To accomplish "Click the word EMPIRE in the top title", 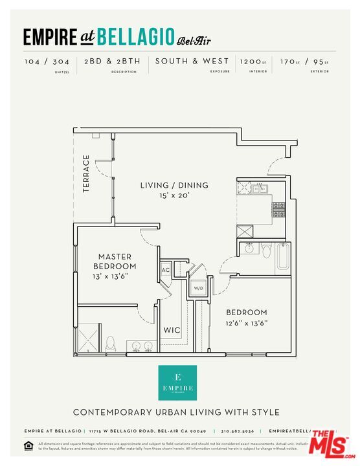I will (50, 37).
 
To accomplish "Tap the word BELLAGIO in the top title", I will (136, 37).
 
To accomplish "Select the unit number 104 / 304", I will (47, 61).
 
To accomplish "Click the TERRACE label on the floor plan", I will (87, 173).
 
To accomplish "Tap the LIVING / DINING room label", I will (174, 185).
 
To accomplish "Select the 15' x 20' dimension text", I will (174, 195).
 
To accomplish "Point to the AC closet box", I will (166, 270).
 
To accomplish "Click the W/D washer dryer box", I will (199, 287).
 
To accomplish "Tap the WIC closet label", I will (172, 330).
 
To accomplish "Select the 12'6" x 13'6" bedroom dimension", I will (247, 322).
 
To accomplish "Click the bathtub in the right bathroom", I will (284, 257).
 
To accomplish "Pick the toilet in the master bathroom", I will (110, 343).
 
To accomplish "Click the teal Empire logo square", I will (178, 383).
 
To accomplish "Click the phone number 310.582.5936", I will (238, 431).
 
